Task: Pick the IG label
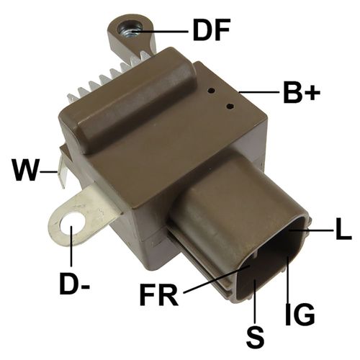(x=300, y=315)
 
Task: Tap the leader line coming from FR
(x=216, y=281)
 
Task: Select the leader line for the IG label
(x=289, y=281)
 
